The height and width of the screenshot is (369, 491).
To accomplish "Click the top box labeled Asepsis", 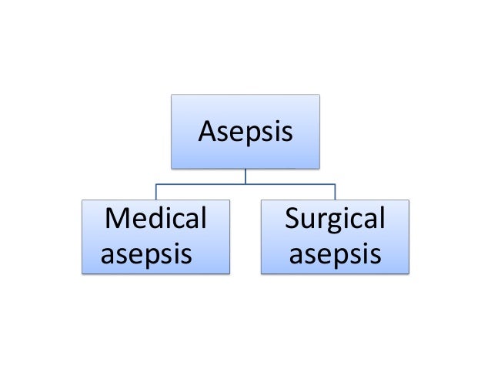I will point(245,131).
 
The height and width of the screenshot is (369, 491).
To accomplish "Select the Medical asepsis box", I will point(156,236).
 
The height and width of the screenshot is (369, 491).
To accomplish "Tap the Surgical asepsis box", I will point(335,236).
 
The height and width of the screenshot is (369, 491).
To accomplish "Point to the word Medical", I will point(156,220).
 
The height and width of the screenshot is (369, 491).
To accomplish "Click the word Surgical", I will point(335,220).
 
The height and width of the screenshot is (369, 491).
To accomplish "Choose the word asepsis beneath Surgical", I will point(335,253).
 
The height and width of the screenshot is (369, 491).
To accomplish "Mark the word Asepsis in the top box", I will point(245,133).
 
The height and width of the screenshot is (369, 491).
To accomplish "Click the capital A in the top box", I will point(206,133).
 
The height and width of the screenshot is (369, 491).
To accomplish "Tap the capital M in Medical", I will point(117,220).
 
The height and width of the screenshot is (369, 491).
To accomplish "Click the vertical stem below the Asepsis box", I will point(245,176).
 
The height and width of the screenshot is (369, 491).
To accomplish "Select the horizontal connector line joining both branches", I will point(200,185).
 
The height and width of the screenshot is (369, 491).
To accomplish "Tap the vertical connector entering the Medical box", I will point(156,192).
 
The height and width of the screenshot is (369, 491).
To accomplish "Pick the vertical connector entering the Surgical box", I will point(335,192).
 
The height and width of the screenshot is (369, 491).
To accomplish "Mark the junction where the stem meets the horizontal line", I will point(245,185).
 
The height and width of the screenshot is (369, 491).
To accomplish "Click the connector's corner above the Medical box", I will point(156,185).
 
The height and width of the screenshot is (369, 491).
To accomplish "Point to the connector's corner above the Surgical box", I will point(335,185).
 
